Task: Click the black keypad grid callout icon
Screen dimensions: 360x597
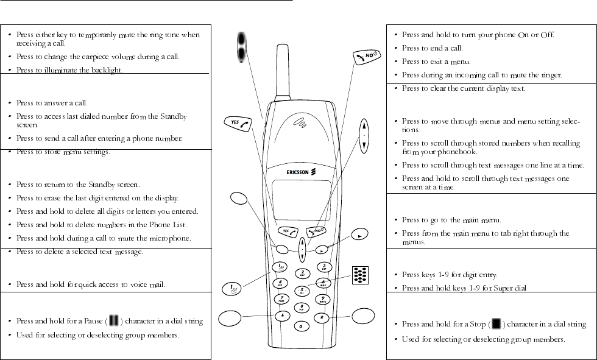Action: click(x=360, y=275)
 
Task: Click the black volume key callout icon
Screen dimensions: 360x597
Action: click(x=243, y=49)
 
